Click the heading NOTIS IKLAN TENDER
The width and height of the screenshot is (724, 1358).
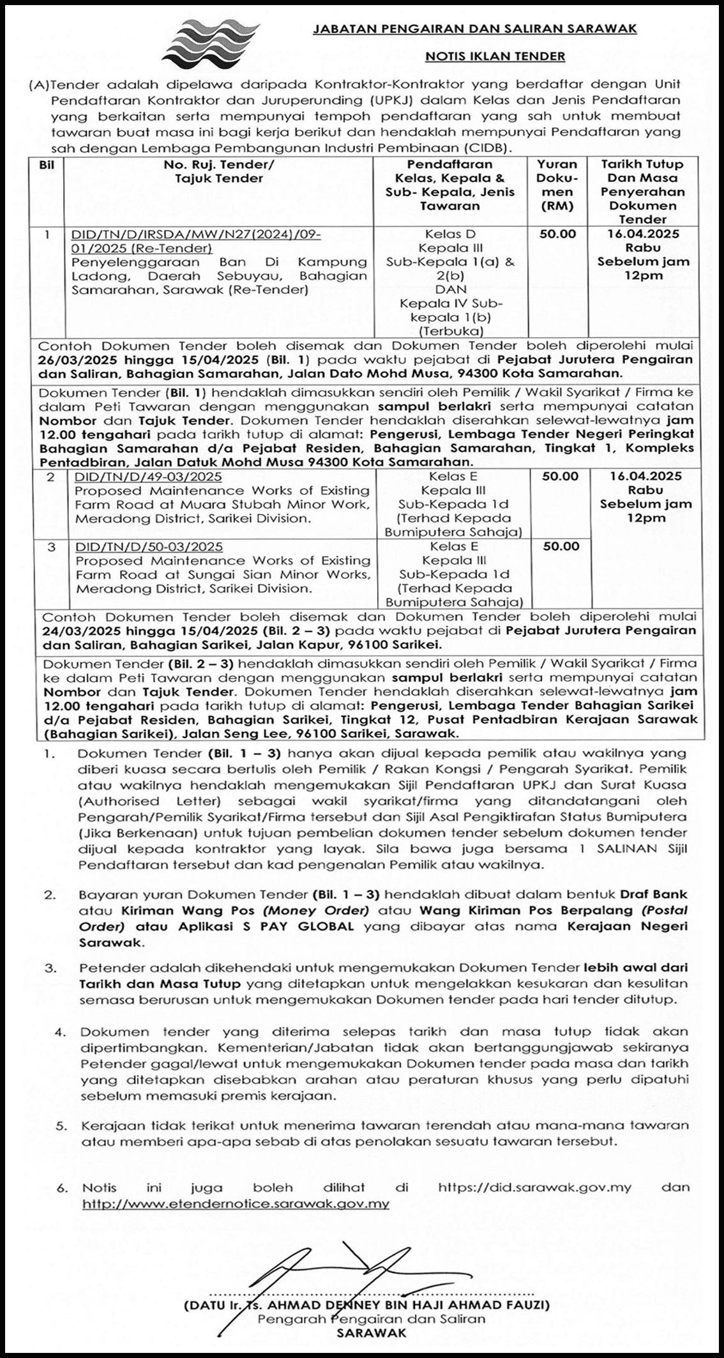pos(495,56)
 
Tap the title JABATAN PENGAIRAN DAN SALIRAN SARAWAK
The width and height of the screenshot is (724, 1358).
pos(474,29)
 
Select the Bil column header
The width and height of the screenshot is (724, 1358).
pos(47,165)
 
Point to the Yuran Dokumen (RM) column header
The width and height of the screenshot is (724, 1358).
pos(557,185)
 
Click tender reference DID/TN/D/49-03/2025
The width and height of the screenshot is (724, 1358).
pos(148,477)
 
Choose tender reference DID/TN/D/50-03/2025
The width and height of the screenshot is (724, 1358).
pos(148,547)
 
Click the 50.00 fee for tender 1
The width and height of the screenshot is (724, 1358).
pos(557,234)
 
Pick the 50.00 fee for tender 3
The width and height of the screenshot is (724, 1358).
pos(561,546)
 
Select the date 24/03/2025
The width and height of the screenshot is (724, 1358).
pos(73,630)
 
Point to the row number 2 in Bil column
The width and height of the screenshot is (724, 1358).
pos(50,477)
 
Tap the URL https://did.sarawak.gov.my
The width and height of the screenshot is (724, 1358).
pos(534,1187)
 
